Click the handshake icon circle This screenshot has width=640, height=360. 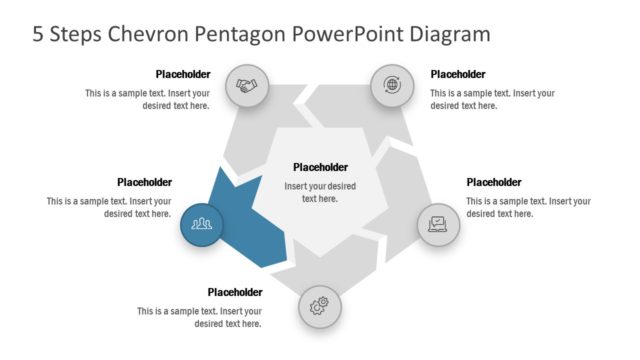pyautogui.click(x=246, y=85)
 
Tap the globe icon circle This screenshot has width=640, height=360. pyautogui.click(x=392, y=85)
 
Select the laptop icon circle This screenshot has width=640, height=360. pyautogui.click(x=438, y=223)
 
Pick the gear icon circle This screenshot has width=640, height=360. pyautogui.click(x=319, y=304)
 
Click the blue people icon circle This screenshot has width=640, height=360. pyautogui.click(x=201, y=223)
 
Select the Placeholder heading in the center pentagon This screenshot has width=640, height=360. pyautogui.click(x=320, y=167)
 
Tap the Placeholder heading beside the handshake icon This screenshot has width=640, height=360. pyautogui.click(x=182, y=74)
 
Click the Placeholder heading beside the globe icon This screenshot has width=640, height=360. pyautogui.click(x=457, y=74)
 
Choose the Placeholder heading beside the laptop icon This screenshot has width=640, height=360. pyautogui.click(x=494, y=182)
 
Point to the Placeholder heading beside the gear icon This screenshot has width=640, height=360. pyautogui.click(x=235, y=292)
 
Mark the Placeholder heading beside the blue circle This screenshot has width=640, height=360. pyautogui.click(x=144, y=182)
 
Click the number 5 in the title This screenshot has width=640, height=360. pyautogui.click(x=38, y=35)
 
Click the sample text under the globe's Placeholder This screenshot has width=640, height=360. pyautogui.click(x=492, y=99)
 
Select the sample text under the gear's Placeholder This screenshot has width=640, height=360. pyautogui.click(x=199, y=317)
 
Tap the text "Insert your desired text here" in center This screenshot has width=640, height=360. pyautogui.click(x=320, y=192)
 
